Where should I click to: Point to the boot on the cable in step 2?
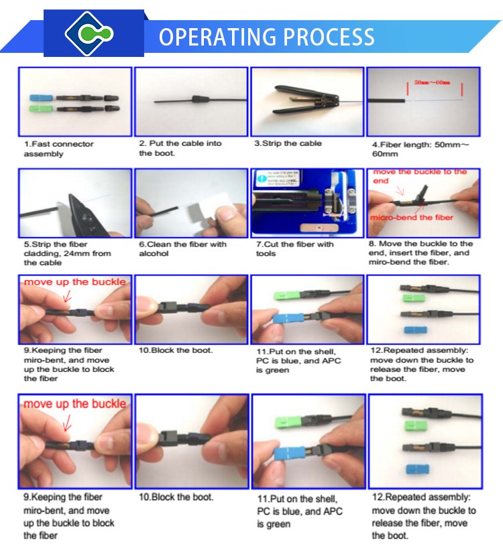point(197,100)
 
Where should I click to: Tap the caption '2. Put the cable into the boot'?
point(180,148)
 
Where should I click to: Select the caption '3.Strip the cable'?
point(288,143)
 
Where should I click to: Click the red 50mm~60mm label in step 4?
point(431,82)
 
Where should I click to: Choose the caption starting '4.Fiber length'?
point(420,149)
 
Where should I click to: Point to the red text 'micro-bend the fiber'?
point(412,217)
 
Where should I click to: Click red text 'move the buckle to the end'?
point(420,176)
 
